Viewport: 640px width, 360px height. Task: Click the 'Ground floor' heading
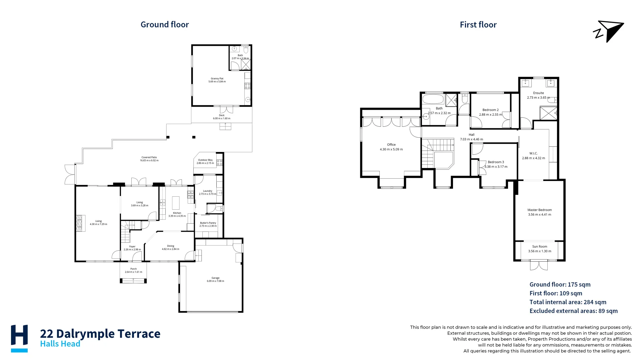[165, 25]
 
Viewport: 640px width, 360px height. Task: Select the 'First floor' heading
[478, 25]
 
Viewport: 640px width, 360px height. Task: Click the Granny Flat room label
[217, 79]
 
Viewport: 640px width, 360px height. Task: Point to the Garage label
[215, 278]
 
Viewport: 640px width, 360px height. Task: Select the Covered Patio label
[149, 157]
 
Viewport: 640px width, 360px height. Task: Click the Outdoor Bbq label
[205, 160]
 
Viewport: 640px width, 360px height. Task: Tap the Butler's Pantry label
[208, 223]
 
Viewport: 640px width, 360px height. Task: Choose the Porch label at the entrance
[133, 269]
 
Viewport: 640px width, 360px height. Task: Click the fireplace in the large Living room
[79, 223]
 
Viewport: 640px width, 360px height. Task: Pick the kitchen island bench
[176, 203]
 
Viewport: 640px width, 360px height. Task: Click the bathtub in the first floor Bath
[433, 99]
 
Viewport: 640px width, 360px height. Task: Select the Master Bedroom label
[539, 210]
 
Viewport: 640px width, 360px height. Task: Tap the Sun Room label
[539, 247]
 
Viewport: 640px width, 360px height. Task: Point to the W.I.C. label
[533, 153]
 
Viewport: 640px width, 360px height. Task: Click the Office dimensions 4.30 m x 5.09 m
[391, 149]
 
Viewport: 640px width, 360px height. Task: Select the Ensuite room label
[538, 93]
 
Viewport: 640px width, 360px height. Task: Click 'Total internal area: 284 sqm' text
[568, 302]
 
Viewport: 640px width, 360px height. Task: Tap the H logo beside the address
[19, 338]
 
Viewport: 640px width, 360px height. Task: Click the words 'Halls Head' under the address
[60, 344]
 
